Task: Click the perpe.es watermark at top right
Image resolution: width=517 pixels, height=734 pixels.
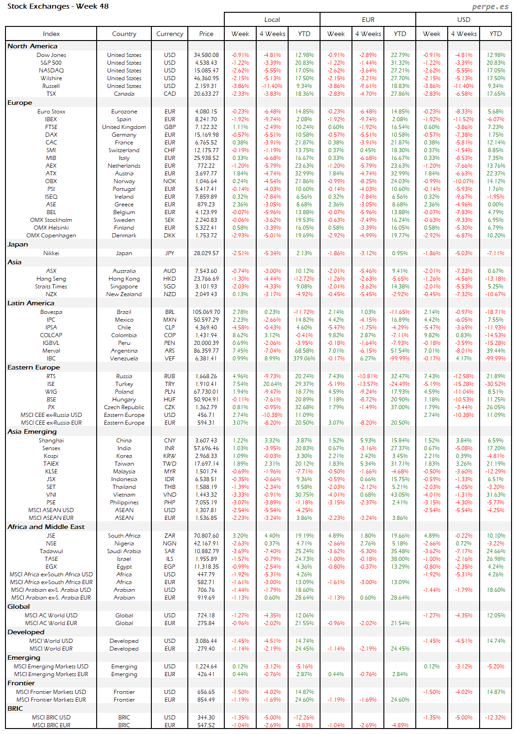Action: (x=490, y=6)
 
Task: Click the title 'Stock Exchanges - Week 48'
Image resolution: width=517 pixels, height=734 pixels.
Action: (x=58, y=6)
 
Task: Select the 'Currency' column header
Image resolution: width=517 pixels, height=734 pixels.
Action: (x=170, y=34)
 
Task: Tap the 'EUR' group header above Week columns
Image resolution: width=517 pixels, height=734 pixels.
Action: (x=368, y=20)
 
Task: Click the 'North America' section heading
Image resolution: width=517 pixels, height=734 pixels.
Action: (x=32, y=46)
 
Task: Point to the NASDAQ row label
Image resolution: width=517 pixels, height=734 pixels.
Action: (x=51, y=71)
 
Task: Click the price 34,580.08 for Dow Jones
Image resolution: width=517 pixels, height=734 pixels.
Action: (x=206, y=55)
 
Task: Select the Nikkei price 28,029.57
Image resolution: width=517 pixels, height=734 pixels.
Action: (x=206, y=253)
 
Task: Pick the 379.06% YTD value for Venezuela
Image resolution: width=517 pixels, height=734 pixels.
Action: (x=304, y=359)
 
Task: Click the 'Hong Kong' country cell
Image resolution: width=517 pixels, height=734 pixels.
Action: (x=124, y=279)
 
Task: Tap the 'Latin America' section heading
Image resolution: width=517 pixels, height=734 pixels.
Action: (x=31, y=303)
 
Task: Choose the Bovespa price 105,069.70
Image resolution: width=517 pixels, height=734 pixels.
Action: (x=206, y=312)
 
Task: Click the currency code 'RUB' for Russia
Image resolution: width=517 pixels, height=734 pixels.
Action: (x=170, y=376)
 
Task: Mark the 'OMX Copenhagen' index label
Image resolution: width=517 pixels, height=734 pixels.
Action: (x=51, y=236)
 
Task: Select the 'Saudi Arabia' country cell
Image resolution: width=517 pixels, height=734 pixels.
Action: (x=124, y=551)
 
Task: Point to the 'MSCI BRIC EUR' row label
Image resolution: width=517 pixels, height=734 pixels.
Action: (x=51, y=725)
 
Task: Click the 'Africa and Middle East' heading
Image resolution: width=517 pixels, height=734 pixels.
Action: (x=46, y=527)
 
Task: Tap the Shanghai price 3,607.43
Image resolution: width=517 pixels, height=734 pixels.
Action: (x=206, y=441)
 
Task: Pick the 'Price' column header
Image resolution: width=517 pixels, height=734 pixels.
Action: (x=206, y=34)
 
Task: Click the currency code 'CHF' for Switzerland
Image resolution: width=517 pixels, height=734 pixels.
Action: (x=170, y=150)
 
